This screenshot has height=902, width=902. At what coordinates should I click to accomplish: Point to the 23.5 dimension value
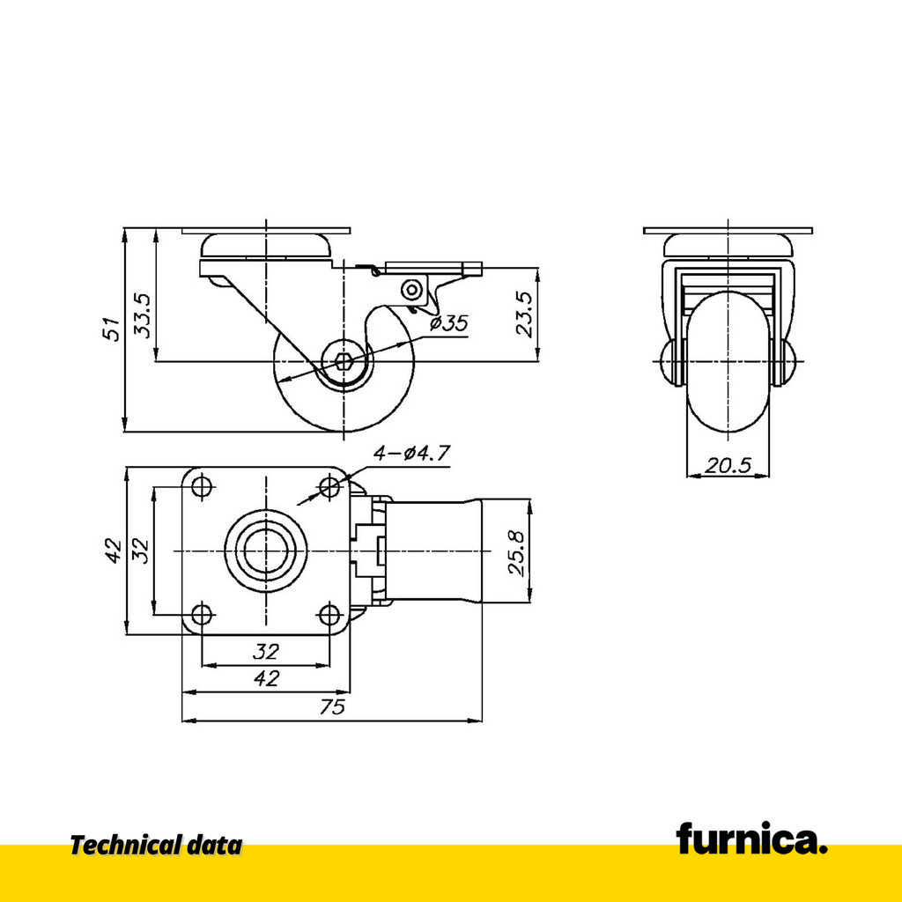[525, 314]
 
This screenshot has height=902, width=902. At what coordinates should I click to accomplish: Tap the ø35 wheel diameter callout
[449, 323]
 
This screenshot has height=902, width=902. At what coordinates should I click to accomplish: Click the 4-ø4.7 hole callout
[411, 454]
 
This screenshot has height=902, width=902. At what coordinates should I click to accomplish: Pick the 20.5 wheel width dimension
[728, 465]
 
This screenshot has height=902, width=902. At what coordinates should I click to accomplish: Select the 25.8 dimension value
[516, 553]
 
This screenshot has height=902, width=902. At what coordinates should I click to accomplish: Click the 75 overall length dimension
[332, 706]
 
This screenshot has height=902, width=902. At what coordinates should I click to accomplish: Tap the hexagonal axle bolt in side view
[344, 362]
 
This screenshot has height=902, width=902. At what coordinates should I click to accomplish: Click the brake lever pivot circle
[410, 289]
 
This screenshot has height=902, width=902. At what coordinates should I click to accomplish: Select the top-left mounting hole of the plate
[202, 487]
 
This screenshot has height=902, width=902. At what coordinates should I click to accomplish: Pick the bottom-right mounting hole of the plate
[329, 615]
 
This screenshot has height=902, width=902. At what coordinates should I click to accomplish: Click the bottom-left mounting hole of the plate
[202, 615]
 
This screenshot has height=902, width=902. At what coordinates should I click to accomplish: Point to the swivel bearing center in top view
[266, 551]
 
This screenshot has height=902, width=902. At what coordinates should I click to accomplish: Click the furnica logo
[751, 839]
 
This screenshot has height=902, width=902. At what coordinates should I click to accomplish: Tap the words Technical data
[157, 846]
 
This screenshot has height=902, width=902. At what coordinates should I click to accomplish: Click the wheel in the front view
[728, 361]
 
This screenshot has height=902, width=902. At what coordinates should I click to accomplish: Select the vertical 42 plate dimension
[114, 551]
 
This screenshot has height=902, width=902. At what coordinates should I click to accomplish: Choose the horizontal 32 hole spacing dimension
[266, 652]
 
